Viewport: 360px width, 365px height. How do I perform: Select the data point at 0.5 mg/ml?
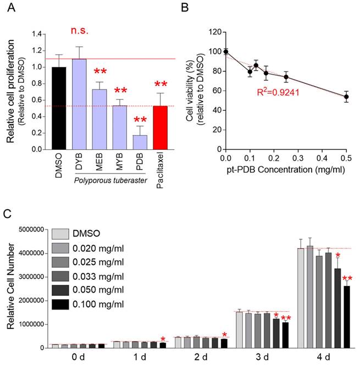(346, 97)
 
